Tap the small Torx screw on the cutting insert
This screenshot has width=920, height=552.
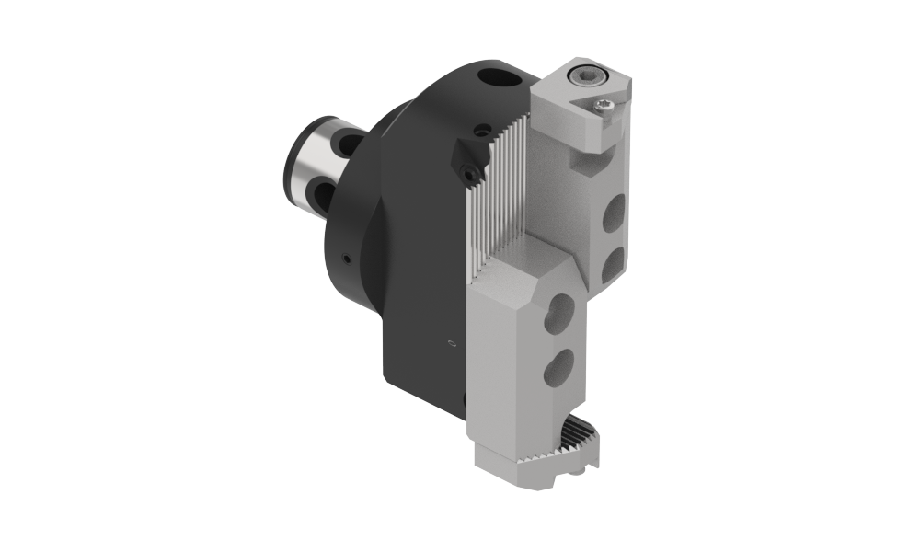point(604,108)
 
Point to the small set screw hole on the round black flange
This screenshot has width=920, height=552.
point(344,260)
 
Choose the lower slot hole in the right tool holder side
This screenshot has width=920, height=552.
point(613,266)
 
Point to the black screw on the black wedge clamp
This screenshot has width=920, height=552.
point(470,172)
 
